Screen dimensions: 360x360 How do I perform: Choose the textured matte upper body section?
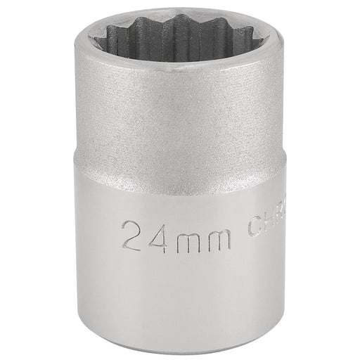click(179, 127)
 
